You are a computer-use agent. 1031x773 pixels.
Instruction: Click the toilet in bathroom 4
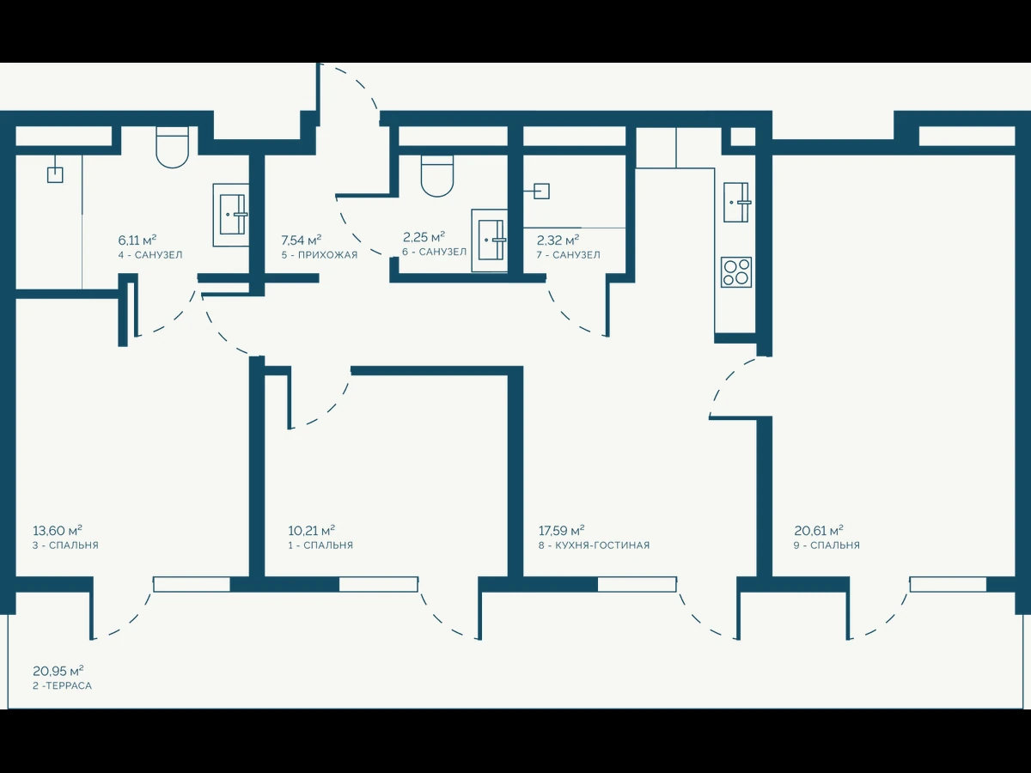172,148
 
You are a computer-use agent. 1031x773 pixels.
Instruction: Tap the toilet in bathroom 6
437,175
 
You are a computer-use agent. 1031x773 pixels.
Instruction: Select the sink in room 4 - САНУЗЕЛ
231,215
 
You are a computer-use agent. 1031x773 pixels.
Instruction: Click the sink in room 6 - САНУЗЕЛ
490,240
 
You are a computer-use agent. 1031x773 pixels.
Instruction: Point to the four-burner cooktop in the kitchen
736,272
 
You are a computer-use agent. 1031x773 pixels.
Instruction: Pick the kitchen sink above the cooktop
736,203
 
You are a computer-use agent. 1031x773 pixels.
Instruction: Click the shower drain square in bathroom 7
541,191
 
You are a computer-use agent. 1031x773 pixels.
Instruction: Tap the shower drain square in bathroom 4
55,175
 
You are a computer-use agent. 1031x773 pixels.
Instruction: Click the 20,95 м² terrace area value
58,670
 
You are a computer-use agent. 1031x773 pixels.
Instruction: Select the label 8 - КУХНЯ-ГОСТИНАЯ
595,545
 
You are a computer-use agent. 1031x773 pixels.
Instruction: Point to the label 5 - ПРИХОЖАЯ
320,255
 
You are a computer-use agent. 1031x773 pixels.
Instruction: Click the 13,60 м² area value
58,531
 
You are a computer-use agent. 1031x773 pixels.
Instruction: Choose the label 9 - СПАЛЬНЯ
827,545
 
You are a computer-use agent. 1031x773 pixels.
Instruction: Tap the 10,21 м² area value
311,531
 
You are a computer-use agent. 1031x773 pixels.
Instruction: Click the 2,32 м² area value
558,240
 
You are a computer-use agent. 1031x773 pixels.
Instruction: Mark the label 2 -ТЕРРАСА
63,685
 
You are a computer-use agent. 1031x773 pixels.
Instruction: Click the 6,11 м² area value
137,240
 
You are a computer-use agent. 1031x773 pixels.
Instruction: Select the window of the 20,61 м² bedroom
949,584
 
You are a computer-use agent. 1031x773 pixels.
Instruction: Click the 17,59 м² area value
561,531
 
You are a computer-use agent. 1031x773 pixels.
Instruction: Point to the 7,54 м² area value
301,240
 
